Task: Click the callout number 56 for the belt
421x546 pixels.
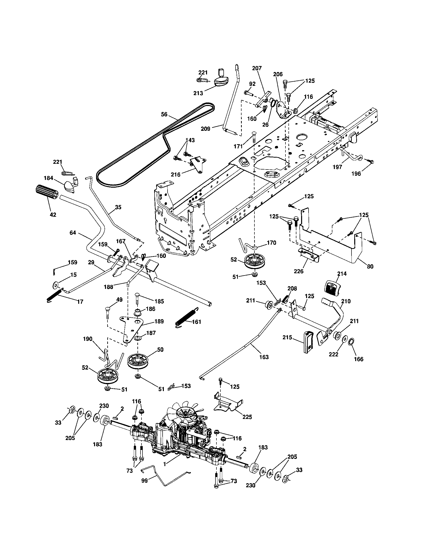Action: click(164, 114)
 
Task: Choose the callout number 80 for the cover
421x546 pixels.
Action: click(370, 267)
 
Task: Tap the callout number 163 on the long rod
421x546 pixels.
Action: click(264, 357)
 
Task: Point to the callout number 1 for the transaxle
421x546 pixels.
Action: click(165, 464)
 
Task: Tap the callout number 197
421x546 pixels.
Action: click(338, 167)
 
